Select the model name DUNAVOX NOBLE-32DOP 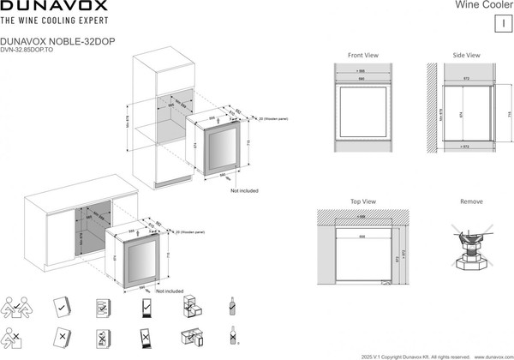tap(57, 40)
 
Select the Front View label tap(363, 55)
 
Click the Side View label tap(466, 55)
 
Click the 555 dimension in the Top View tap(362, 235)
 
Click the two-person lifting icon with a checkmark tap(19, 307)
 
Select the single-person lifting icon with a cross tap(19, 336)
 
